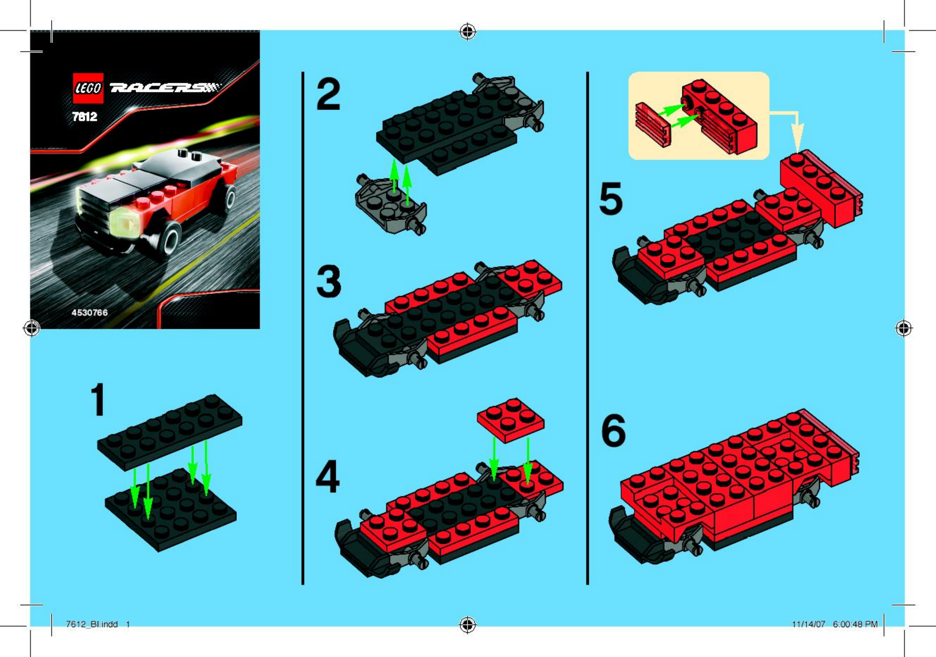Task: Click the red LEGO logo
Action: pos(88,88)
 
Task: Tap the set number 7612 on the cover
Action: pos(85,117)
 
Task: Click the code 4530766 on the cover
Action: pos(90,313)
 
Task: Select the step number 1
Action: pos(98,400)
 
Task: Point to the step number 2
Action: pos(328,95)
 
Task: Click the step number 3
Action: pos(328,281)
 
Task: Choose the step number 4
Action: pos(328,476)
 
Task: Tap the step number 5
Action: pos(611,199)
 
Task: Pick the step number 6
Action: pos(614,431)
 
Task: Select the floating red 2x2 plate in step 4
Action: pos(510,421)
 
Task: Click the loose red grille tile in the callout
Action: pos(653,125)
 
